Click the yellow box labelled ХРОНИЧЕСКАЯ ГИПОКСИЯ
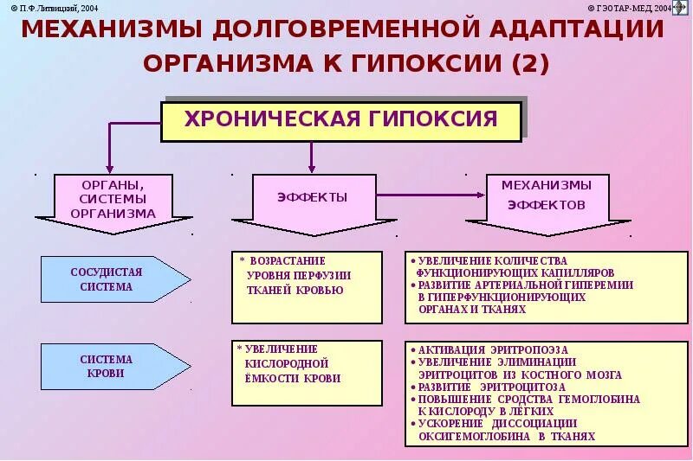(x=341, y=120)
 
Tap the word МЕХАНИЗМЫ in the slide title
(x=110, y=29)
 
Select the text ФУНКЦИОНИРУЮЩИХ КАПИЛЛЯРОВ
(x=528, y=272)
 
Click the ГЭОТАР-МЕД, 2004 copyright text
(x=633, y=7)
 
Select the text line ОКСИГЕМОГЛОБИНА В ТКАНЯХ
(x=507, y=436)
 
